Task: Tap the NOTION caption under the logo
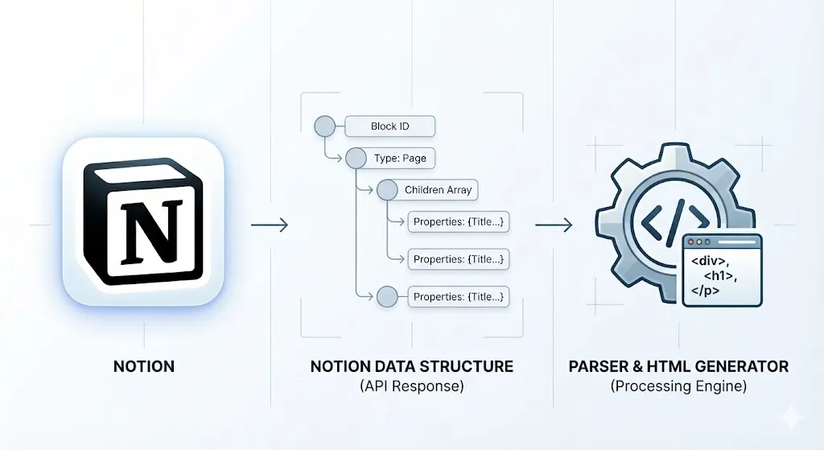pos(144,366)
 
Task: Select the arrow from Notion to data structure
pos(270,225)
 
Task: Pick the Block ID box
pos(389,126)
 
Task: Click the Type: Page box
pos(400,159)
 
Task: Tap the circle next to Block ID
pos(323,126)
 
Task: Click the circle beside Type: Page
pos(355,159)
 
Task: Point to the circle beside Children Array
pos(387,191)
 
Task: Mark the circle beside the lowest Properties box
pos(387,297)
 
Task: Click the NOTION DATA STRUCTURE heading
pos(411,366)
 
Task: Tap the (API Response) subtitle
pos(411,386)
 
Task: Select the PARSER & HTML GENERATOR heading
pos(678,366)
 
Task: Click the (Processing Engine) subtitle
pos(678,386)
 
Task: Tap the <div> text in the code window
pos(706,262)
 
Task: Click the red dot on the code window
pos(691,241)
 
